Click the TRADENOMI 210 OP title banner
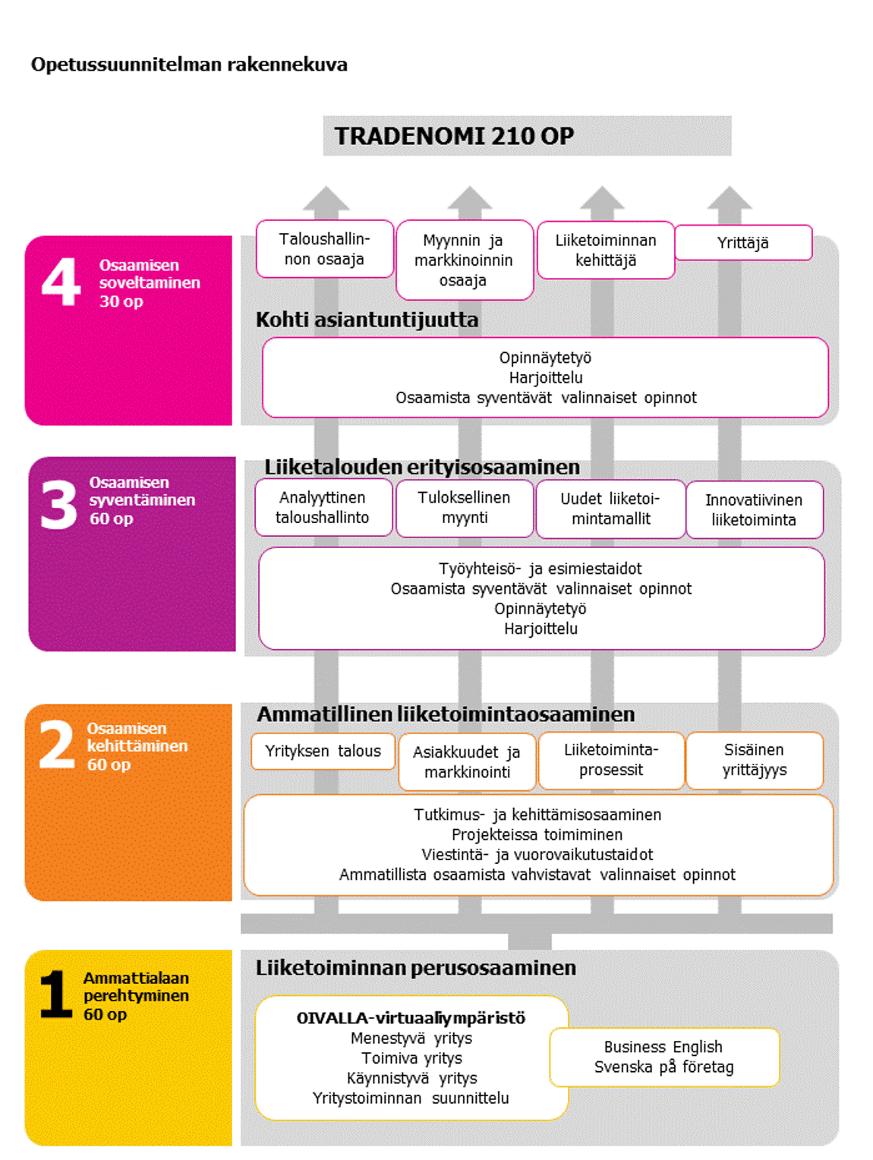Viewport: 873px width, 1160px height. pyautogui.click(x=527, y=136)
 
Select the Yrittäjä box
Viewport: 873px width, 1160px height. pyautogui.click(x=743, y=243)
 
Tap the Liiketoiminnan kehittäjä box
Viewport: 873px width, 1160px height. pyautogui.click(x=605, y=251)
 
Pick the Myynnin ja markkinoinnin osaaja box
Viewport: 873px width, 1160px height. pyautogui.click(x=464, y=260)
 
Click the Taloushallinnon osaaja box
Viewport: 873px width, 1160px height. pyautogui.click(x=324, y=249)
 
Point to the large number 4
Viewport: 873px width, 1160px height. pyautogui.click(x=61, y=282)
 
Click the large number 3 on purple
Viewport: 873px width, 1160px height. pyautogui.click(x=59, y=505)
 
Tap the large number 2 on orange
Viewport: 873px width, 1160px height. pyautogui.click(x=57, y=745)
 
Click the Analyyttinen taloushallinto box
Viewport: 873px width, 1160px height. pyautogui.click(x=323, y=508)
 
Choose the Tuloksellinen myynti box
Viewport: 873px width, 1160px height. pyautogui.click(x=464, y=508)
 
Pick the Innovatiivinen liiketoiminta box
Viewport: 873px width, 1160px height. pyautogui.click(x=754, y=510)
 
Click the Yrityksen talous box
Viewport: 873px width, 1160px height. pyautogui.click(x=323, y=752)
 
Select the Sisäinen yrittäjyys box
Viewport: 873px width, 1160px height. pyautogui.click(x=754, y=760)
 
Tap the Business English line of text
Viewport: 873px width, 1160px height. pyautogui.click(x=663, y=1047)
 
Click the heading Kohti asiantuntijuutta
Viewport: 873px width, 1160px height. pyautogui.click(x=367, y=320)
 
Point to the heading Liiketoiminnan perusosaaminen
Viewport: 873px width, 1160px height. pyautogui.click(x=415, y=968)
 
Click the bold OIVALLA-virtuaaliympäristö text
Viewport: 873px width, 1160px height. pyautogui.click(x=411, y=1018)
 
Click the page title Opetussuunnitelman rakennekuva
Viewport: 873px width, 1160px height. pyautogui.click(x=189, y=65)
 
